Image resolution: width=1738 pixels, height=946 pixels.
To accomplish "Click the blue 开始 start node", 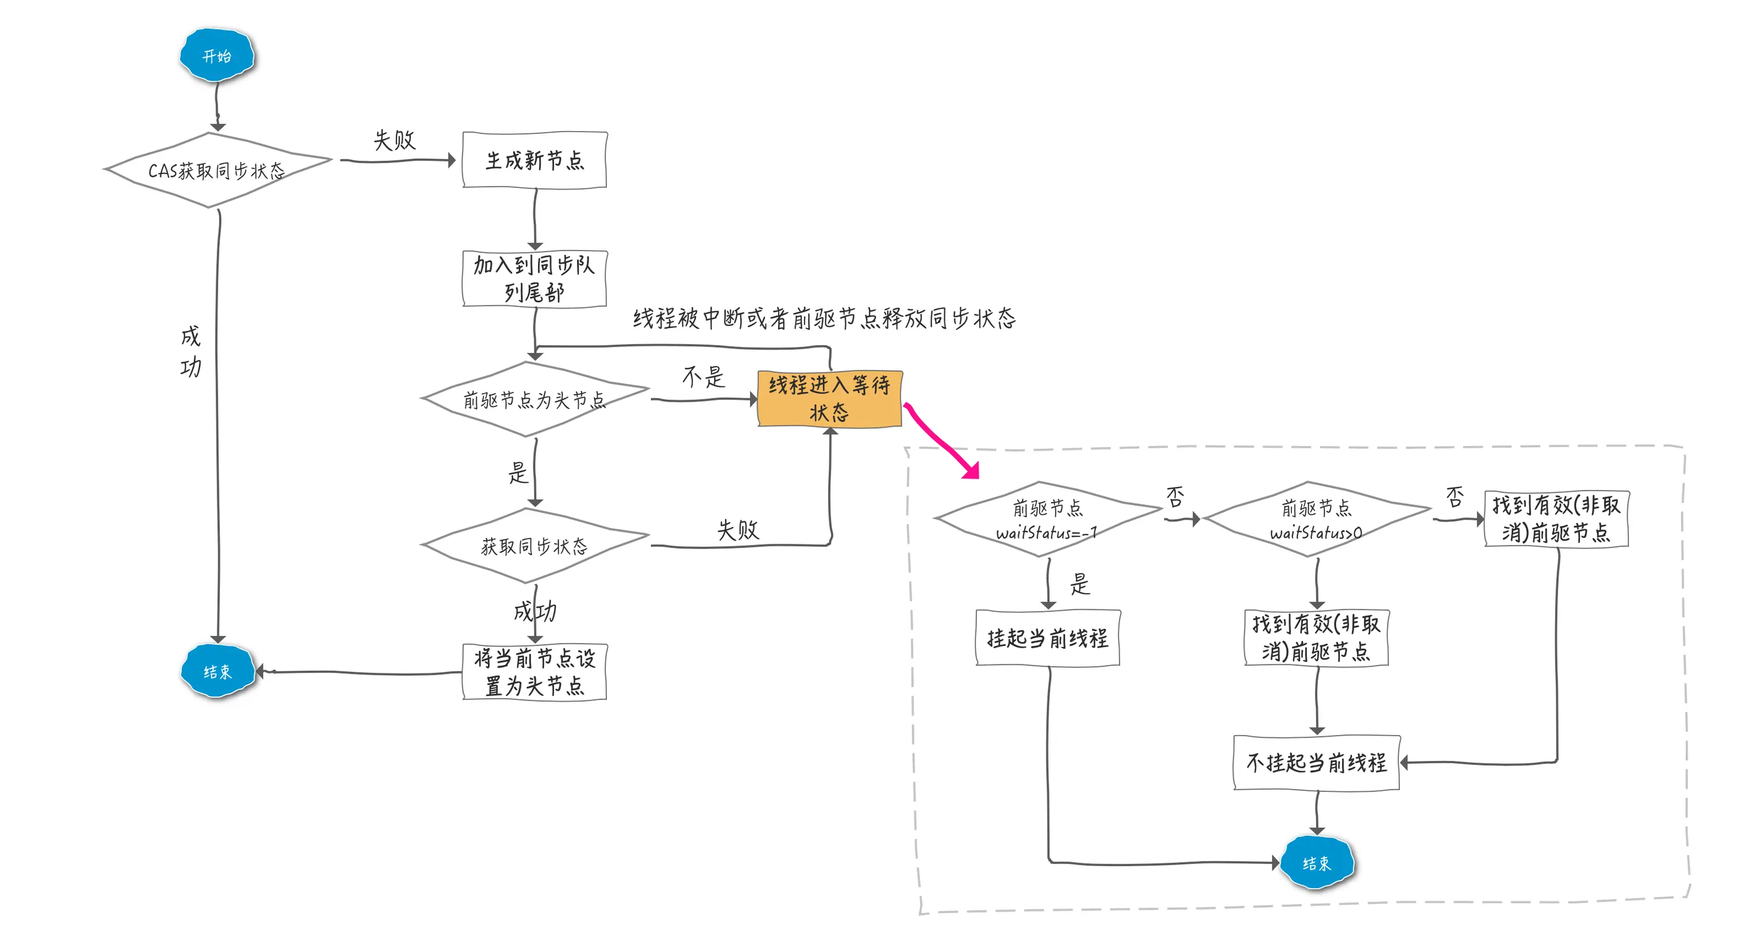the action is point(217,55).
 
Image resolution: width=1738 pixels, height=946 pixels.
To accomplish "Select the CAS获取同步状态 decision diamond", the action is point(217,170).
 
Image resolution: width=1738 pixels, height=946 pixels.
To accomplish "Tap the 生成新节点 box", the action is point(535,160).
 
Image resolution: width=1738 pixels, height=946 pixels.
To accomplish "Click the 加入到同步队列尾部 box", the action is point(535,279).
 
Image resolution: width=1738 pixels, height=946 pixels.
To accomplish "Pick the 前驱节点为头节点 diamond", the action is point(535,399).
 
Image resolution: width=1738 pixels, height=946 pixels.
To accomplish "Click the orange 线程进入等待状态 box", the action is point(830,399).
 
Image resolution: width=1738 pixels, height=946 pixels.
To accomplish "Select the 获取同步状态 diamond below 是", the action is point(535,545).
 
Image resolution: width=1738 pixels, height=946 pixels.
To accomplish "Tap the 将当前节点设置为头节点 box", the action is point(535,672).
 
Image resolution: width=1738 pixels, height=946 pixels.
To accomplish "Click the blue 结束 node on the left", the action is point(217,671).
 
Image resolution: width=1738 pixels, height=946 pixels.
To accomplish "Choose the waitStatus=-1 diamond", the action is point(1047,519).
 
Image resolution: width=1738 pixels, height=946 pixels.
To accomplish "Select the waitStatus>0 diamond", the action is point(1316,519).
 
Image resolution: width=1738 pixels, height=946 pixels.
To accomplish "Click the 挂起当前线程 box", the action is point(1048,637).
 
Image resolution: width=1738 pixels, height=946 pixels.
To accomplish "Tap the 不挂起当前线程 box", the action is point(1316,763).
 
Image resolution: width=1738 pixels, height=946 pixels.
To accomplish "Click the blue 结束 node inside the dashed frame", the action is point(1316,862).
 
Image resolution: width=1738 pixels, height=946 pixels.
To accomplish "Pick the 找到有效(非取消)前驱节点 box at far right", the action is point(1556,519).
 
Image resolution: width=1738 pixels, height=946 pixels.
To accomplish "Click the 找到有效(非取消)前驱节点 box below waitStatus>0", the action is point(1316,637).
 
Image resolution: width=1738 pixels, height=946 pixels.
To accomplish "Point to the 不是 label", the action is point(703,376).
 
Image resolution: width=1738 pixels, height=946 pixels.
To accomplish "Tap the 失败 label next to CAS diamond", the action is point(395,140).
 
